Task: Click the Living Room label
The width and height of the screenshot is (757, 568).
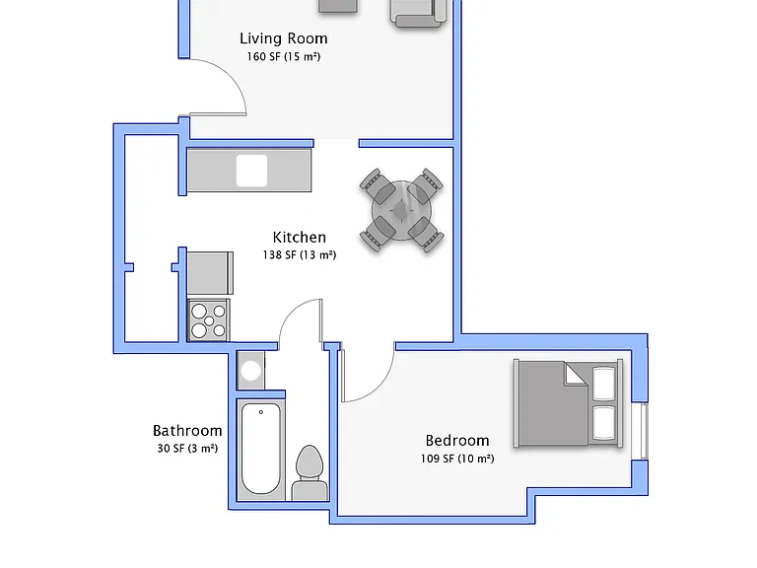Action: pos(284,38)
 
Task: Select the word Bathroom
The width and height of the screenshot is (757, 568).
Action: pos(187,430)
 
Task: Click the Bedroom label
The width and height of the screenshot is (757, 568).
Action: pos(457,441)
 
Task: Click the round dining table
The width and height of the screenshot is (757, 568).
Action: pos(401,211)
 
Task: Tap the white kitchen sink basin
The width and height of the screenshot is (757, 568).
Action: pos(251,171)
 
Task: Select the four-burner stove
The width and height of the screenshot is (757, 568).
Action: pos(209,319)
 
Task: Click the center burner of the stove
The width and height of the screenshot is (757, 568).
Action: pos(209,320)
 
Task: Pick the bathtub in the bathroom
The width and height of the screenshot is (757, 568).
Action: pos(260,449)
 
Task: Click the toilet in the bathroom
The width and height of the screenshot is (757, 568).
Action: pos(309,472)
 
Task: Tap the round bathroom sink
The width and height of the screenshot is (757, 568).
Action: pos(250,371)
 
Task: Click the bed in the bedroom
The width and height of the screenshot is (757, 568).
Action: pos(568,403)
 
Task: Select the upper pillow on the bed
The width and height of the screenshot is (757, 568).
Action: pos(603,384)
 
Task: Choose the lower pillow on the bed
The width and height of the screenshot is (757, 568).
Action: pos(603,423)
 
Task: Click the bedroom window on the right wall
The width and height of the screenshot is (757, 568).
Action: pos(644,431)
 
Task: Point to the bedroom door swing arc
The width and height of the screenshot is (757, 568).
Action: pos(379,387)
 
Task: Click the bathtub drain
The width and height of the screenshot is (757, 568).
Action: pos(261,412)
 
